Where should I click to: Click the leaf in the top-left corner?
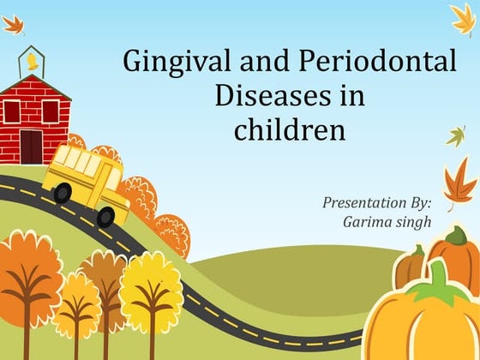pyautogui.click(x=13, y=24)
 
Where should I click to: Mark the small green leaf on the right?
pyautogui.click(x=456, y=135)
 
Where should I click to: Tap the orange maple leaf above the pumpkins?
pyautogui.click(x=460, y=183)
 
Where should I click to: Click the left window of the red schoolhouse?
pyautogui.click(x=12, y=111)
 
